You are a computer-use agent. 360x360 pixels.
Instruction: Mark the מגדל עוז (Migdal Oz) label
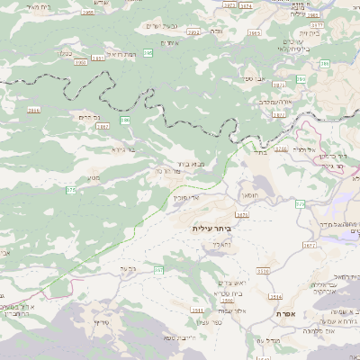coord(270,340)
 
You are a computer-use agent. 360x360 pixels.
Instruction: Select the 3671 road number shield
coord(241,215)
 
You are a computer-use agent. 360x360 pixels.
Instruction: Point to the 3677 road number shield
coord(310,245)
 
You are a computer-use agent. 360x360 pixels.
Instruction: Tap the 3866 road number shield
coord(34,110)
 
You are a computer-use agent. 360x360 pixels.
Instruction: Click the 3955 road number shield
coord(87,13)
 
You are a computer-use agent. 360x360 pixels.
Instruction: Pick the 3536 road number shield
coord(263,270)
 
